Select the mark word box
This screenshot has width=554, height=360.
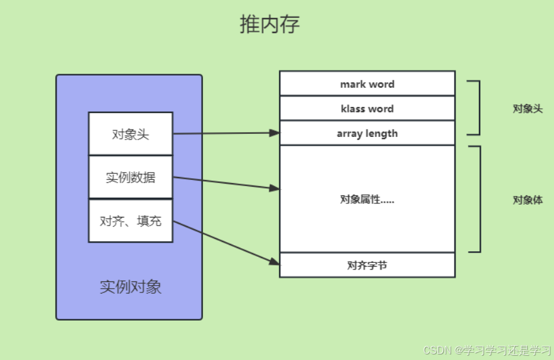pyautogui.click(x=367, y=84)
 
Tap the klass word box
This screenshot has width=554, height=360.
pyautogui.click(x=367, y=109)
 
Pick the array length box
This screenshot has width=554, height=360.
pyautogui.click(x=367, y=133)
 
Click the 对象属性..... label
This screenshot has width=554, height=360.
pyautogui.click(x=367, y=199)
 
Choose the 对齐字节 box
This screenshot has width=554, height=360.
pyautogui.click(x=367, y=265)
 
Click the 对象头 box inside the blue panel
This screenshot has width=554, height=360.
pyautogui.click(x=130, y=134)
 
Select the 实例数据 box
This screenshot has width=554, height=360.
pyautogui.click(x=130, y=178)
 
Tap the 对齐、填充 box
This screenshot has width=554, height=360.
pyautogui.click(x=130, y=221)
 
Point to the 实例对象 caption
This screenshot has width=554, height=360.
pyautogui.click(x=130, y=287)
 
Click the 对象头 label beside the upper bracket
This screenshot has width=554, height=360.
pyautogui.click(x=528, y=109)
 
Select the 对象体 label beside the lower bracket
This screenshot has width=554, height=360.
pyautogui.click(x=528, y=200)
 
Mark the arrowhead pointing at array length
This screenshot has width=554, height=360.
pyautogui.click(x=275, y=133)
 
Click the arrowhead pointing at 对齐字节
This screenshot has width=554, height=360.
pyautogui.click(x=275, y=262)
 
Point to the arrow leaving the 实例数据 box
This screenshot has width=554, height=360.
pyautogui.click(x=221, y=182)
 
